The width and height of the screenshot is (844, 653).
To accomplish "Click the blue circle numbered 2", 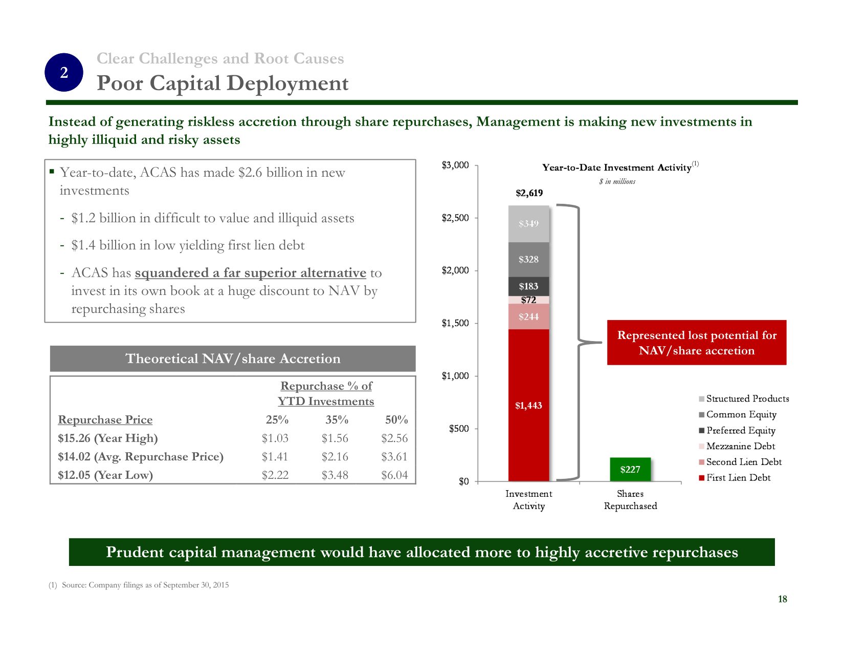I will coord(64,73).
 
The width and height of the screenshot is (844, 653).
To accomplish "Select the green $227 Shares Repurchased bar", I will coord(630,469).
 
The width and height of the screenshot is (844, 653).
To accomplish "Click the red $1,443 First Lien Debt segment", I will coord(528,405).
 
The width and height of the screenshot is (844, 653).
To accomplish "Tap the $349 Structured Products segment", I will coord(528,224).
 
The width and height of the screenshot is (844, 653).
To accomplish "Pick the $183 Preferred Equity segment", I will coord(528,286).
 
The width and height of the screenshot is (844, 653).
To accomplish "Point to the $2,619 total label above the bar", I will coord(529,193).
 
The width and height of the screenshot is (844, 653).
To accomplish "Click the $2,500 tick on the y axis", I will coord(455,218).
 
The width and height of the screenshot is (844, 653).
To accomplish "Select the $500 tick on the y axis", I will coord(459,429).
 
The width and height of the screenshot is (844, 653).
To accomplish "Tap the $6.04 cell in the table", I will coord(394,475).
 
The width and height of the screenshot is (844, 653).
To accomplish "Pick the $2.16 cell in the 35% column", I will coord(335,457).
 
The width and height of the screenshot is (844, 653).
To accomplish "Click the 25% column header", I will coord(277,420).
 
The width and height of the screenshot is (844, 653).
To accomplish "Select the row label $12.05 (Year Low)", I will coord(105,475).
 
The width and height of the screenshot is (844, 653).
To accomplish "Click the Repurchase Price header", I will coord(105,420).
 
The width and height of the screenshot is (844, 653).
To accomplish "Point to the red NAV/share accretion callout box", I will coord(696,343).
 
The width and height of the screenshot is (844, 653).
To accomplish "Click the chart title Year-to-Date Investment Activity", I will coord(616,167).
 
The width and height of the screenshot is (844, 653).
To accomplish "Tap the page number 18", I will coord(782,599).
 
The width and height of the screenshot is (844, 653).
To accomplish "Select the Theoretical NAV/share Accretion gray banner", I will coord(233,359).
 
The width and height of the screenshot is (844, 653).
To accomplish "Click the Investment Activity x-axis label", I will coord(528,500).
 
